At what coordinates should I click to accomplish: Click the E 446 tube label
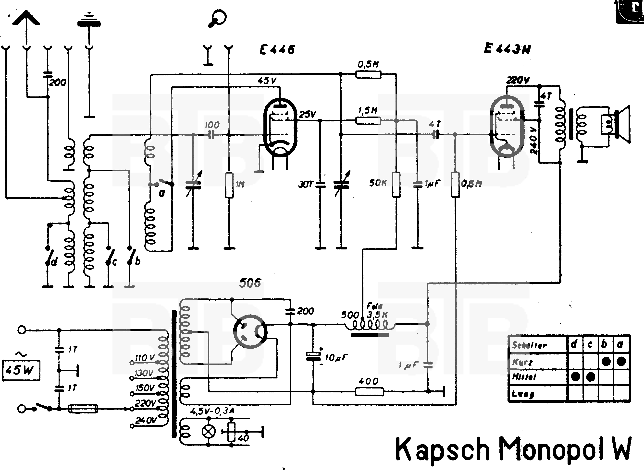[x=277, y=50]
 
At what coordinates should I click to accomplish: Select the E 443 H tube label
[x=507, y=49]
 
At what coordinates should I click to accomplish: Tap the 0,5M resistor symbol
[x=368, y=75]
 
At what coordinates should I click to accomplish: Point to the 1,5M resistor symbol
[x=368, y=121]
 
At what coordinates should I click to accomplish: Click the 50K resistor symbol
[x=396, y=184]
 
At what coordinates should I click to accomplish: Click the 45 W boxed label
[x=21, y=370]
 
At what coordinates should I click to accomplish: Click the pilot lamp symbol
[x=209, y=432]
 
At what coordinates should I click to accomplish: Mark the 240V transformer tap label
[x=146, y=420]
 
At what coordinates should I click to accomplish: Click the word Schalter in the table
[x=529, y=345]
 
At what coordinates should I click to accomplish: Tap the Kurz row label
[x=522, y=362]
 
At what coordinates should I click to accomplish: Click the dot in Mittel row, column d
[x=575, y=377]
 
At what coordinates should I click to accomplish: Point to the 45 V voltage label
[x=267, y=81]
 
